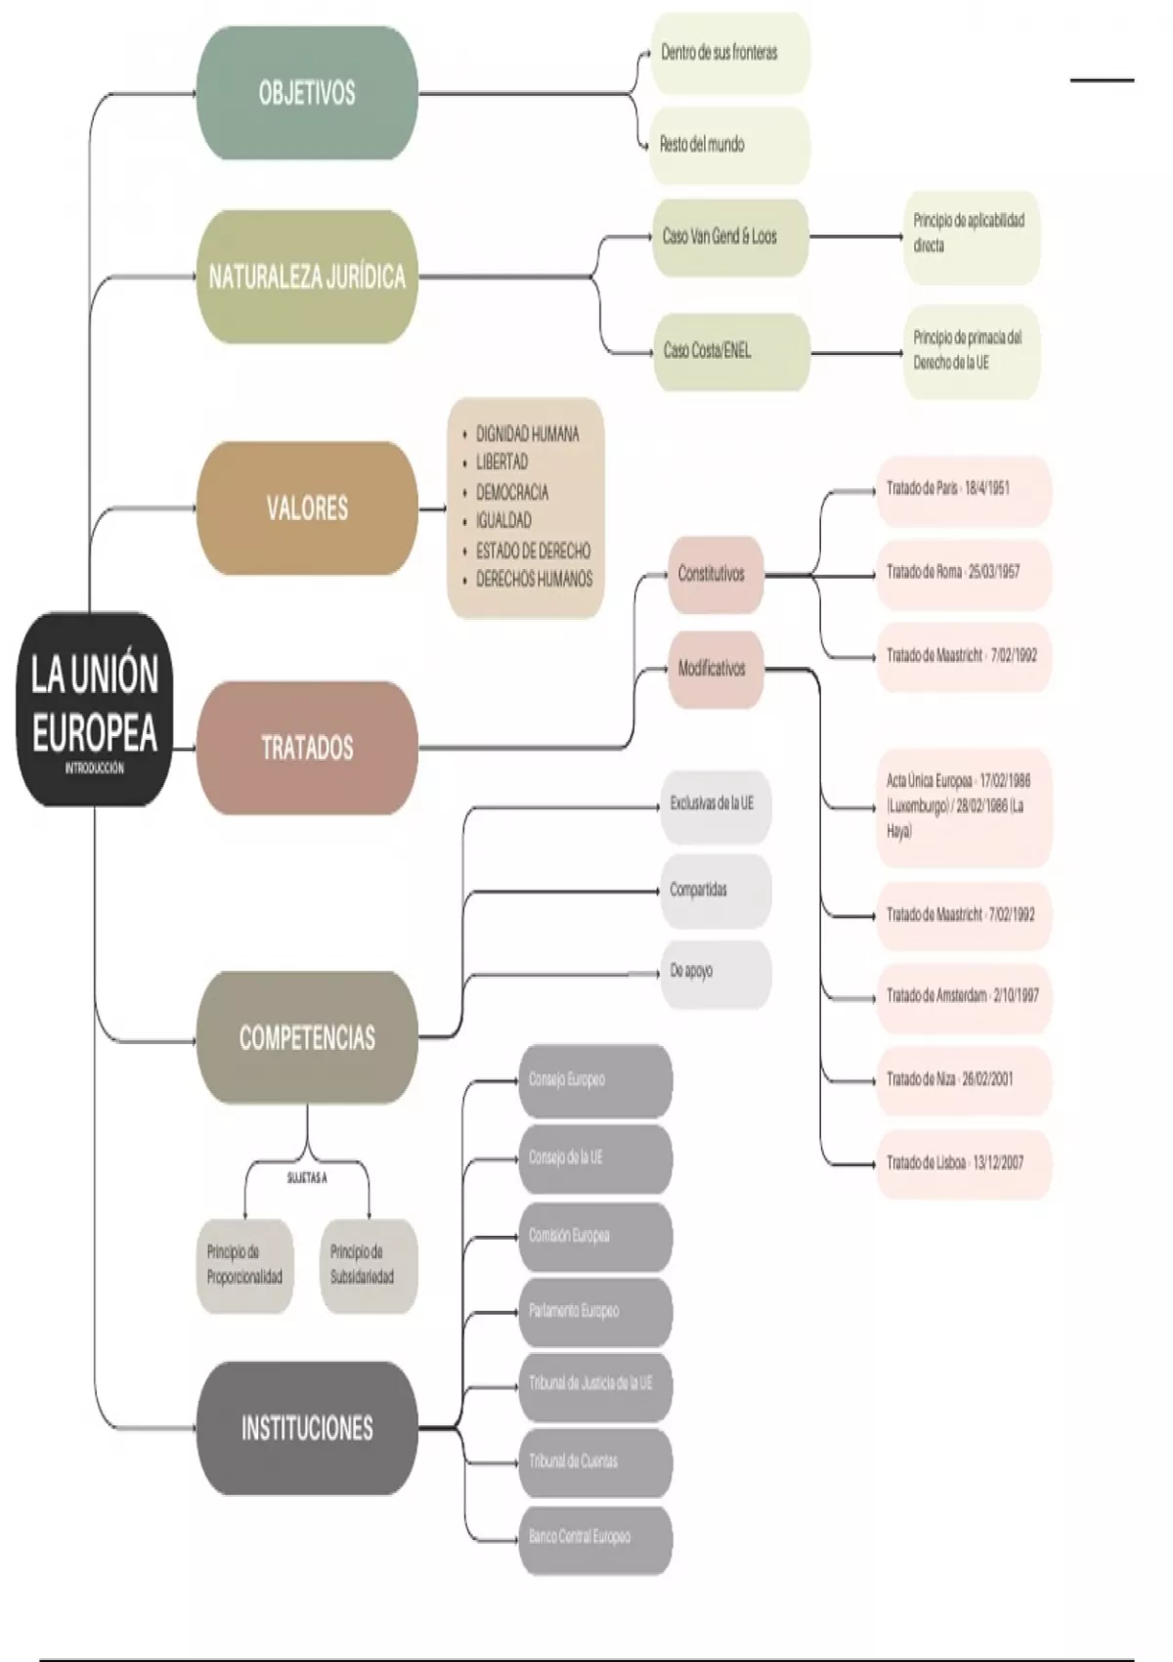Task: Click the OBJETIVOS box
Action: tap(307, 93)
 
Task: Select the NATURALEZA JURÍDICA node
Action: tap(307, 277)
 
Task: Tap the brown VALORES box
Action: tap(307, 508)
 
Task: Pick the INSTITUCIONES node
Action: tap(307, 1428)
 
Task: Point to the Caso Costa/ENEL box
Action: tap(730, 351)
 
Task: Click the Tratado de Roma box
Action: tap(962, 573)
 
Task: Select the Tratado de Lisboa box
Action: tap(962, 1163)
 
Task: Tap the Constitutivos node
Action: tap(714, 574)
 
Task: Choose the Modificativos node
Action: tap(714, 669)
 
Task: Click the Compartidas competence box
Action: tap(716, 891)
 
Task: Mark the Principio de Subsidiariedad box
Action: tap(368, 1265)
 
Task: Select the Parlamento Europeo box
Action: tap(594, 1311)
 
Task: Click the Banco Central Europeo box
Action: tap(594, 1538)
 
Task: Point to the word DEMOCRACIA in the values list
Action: tap(512, 492)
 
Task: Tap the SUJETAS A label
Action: tap(307, 1179)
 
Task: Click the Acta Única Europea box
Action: tap(962, 807)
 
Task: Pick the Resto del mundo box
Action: tap(729, 145)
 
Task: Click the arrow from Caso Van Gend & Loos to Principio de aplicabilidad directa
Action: tap(856, 236)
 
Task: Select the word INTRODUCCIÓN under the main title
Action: tap(94, 768)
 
